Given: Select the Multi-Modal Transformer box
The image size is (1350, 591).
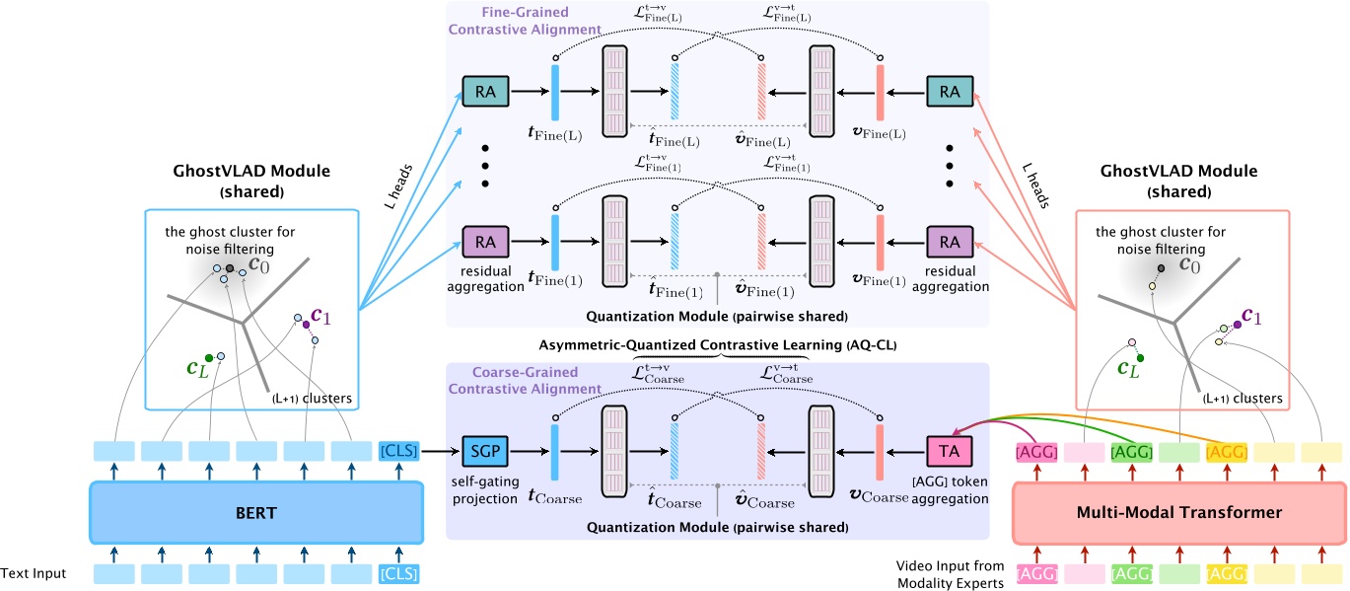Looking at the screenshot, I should tap(1178, 513).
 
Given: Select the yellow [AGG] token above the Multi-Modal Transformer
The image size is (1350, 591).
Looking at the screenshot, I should tap(1226, 451).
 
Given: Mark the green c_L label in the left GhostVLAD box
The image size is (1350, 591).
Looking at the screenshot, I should tap(197, 367).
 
